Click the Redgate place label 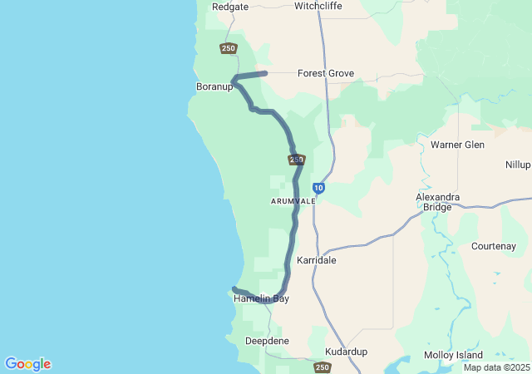[230, 7]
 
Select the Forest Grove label [326, 74]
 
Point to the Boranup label [214, 86]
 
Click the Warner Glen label [457, 145]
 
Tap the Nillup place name [517, 165]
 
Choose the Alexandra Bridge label [438, 202]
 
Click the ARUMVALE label [292, 201]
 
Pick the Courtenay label [494, 246]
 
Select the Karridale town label [317, 260]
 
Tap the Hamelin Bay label [261, 298]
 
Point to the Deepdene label [267, 342]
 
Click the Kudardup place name [346, 352]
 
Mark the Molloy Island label [453, 355]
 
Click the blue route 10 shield [318, 189]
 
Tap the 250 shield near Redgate [229, 48]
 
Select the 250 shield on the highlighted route [297, 160]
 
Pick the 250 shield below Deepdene [323, 367]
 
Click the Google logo [27, 364]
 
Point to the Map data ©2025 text [495, 367]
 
